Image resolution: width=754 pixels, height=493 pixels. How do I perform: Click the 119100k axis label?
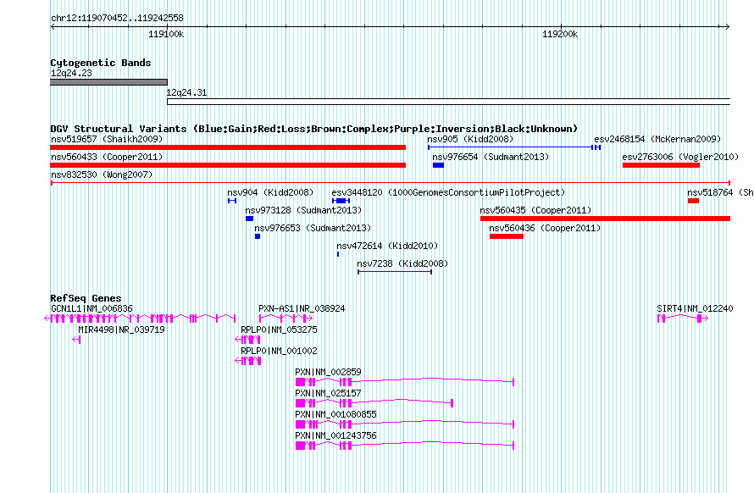click(x=166, y=34)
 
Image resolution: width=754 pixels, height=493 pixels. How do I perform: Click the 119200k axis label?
click(x=560, y=34)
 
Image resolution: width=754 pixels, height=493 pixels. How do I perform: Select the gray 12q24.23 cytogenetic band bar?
click(x=108, y=82)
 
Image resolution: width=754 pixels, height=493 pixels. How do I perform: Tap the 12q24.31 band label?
click(x=186, y=92)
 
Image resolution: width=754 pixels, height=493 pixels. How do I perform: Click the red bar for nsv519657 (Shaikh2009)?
click(x=228, y=147)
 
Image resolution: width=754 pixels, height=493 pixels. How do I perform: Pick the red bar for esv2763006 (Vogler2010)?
click(x=661, y=165)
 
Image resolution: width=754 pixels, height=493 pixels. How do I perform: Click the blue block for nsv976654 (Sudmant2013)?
click(x=438, y=165)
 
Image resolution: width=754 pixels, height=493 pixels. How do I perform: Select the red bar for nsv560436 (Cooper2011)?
click(x=507, y=236)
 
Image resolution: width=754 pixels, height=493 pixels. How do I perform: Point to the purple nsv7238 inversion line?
click(x=395, y=272)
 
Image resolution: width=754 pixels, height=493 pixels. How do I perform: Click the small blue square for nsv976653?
click(x=258, y=236)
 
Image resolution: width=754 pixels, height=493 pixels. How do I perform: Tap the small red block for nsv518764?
click(x=693, y=201)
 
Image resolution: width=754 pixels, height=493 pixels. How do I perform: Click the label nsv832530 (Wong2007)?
click(x=102, y=174)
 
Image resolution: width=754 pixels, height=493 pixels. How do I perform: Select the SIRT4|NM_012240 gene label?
click(x=695, y=308)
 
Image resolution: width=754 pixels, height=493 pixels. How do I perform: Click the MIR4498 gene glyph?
click(x=76, y=340)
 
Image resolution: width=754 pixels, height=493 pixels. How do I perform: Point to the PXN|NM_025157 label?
click(x=328, y=393)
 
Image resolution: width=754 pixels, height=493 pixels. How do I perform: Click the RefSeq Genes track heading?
click(x=86, y=298)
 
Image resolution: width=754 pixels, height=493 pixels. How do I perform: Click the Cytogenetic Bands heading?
click(x=101, y=63)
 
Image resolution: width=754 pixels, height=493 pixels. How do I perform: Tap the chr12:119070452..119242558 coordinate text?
click(x=117, y=19)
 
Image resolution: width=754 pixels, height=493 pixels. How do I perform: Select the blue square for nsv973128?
click(x=249, y=219)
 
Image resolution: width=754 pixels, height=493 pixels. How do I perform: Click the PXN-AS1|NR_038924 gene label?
click(x=302, y=308)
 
